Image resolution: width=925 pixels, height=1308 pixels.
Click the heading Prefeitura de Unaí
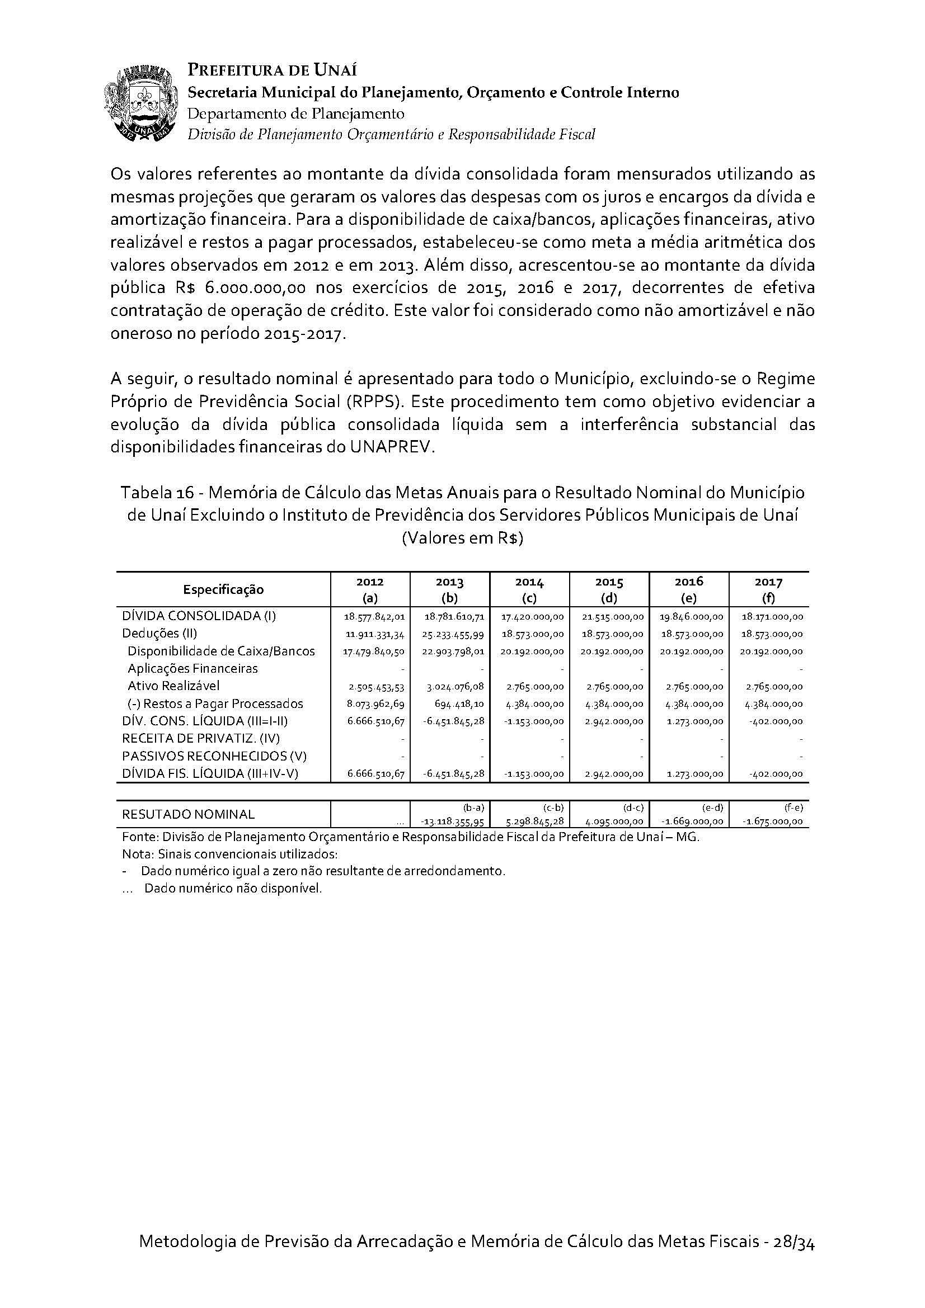pyautogui.click(x=273, y=70)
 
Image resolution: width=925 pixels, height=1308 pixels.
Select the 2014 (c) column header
pyautogui.click(x=529, y=589)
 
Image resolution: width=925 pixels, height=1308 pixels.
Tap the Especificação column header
pyautogui.click(x=223, y=589)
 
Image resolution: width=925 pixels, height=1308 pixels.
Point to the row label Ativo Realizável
pyautogui.click(x=173, y=686)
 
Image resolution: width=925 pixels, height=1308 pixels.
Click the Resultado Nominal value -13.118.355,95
pyautogui.click(x=452, y=821)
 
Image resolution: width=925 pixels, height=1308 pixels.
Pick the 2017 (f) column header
pyautogui.click(x=768, y=589)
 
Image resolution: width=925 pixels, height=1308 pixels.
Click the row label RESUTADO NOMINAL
pyautogui.click(x=188, y=815)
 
